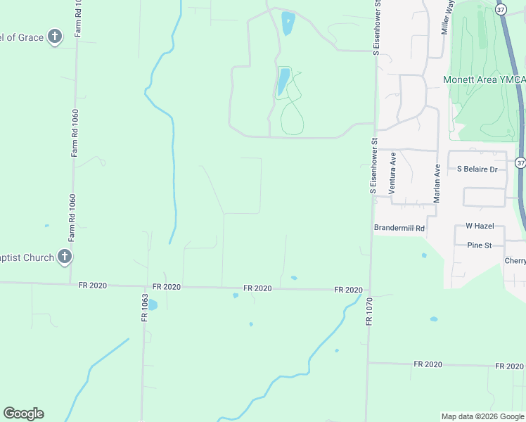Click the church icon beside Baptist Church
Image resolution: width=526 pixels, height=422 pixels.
click(64, 257)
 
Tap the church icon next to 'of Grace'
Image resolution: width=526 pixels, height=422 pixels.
click(55, 37)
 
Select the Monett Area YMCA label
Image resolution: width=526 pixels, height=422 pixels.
click(484, 79)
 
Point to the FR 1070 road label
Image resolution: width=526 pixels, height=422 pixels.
click(368, 309)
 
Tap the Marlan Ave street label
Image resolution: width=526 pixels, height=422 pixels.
click(437, 184)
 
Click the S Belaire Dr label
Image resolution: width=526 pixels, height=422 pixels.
click(477, 169)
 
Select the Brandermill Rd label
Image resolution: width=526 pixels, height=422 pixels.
click(399, 228)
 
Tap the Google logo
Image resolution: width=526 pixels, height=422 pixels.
click(23, 414)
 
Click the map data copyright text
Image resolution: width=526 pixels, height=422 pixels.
click(482, 416)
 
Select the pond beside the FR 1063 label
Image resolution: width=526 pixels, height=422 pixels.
click(153, 305)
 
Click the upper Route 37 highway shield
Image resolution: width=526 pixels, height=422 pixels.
click(500, 10)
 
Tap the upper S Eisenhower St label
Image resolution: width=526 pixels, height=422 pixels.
click(377, 27)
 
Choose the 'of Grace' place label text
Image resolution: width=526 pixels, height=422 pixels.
click(23, 37)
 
